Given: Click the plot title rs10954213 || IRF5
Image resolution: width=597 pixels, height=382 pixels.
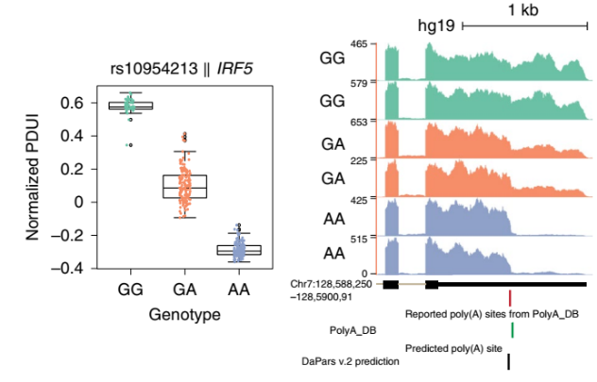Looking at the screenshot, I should pyautogui.click(x=182, y=69).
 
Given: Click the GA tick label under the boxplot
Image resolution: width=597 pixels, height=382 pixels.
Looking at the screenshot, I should pyautogui.click(x=185, y=289).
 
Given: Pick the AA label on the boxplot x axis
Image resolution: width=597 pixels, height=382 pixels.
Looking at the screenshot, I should pyautogui.click(x=239, y=289).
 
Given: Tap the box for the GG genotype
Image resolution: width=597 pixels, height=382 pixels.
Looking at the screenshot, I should pyautogui.click(x=131, y=106).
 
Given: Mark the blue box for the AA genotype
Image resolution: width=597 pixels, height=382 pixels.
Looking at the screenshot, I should pyautogui.click(x=239, y=250).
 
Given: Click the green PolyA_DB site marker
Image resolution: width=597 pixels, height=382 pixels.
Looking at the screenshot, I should pyautogui.click(x=511, y=329).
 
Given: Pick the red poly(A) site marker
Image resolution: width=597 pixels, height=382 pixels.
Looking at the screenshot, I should pyautogui.click(x=510, y=297).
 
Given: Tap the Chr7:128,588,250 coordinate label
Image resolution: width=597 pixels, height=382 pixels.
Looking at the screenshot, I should pyautogui.click(x=339, y=283).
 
